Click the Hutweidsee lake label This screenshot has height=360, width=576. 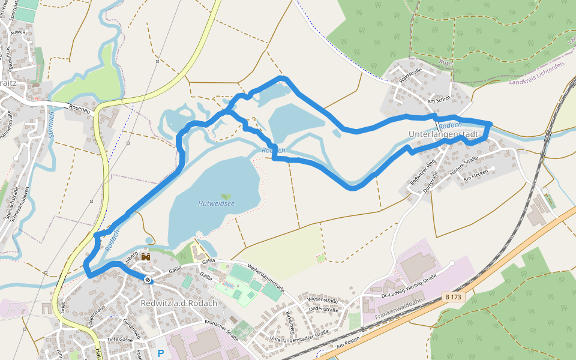click(x=216, y=203)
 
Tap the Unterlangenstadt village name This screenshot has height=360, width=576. click(x=443, y=134)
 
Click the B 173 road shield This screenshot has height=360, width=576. click(x=455, y=296)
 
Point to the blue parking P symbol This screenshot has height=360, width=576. click(x=160, y=354)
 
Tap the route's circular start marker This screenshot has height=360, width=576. click(x=148, y=280)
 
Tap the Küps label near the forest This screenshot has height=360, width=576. click(x=445, y=62)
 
